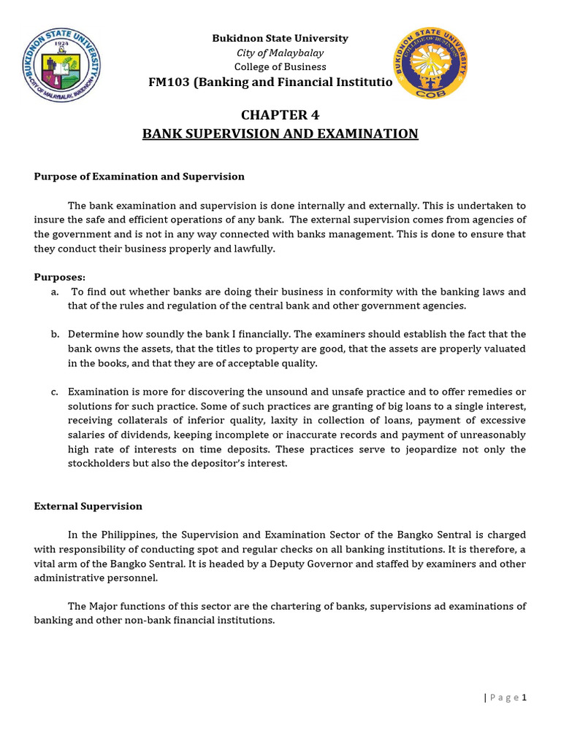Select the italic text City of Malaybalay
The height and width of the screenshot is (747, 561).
point(280,53)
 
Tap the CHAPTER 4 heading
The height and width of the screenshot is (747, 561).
point(280,115)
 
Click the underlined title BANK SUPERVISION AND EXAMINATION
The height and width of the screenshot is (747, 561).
point(280,133)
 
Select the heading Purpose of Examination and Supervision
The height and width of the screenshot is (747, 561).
point(139,177)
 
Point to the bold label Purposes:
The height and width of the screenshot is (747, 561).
point(60,277)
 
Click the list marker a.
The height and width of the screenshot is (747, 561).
point(55,292)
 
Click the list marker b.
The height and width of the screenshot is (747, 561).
point(55,334)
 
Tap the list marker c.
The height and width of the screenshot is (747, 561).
point(55,392)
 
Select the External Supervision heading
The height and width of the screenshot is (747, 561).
point(88,506)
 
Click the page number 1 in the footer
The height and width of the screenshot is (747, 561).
point(524,697)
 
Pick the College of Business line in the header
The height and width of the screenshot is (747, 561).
point(280,67)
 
